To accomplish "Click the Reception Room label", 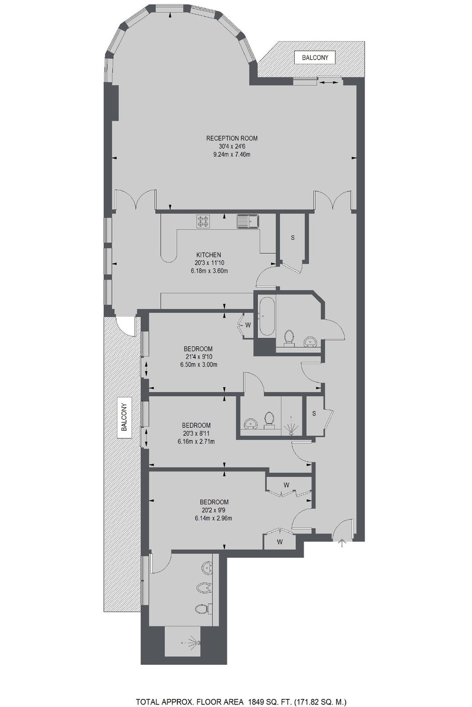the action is [232, 138].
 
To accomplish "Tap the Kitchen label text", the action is [209, 255].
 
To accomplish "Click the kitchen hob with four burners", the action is [203, 221].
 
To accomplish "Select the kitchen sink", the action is [248, 221].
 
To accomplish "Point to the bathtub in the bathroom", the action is [267, 316].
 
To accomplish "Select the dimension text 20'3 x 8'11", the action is [196, 433].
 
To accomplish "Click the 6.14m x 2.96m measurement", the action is [214, 518].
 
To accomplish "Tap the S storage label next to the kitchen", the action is [293, 238].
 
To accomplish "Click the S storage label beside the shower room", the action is [314, 413].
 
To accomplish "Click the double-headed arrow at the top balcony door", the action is [328, 82].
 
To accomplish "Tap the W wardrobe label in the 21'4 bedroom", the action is [248, 324].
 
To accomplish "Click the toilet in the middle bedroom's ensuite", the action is [269, 420].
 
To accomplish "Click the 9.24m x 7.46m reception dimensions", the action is [232, 155].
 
